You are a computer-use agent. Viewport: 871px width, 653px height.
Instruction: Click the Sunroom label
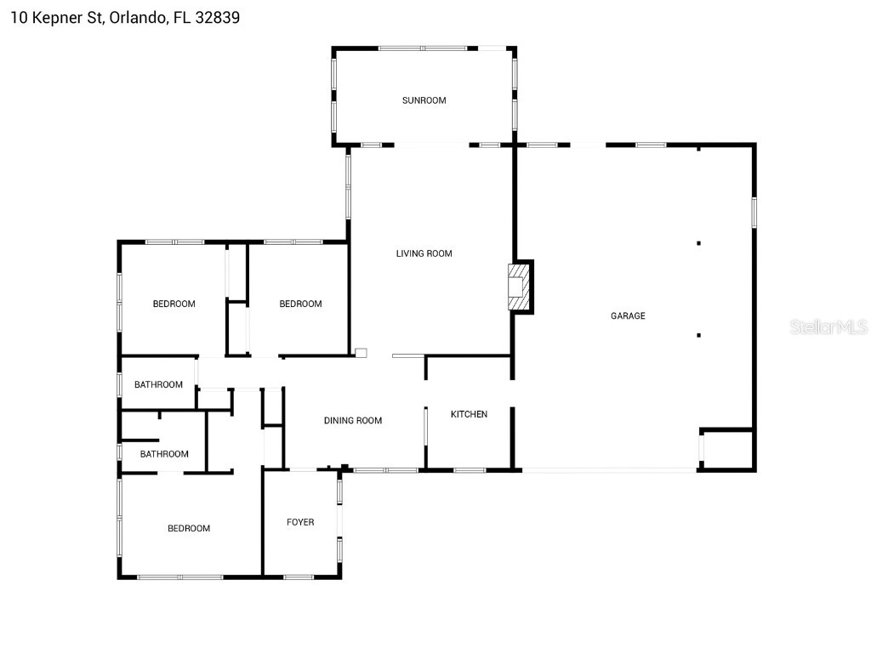pyautogui.click(x=424, y=100)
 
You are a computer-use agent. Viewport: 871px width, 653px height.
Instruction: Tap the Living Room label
pyautogui.click(x=424, y=253)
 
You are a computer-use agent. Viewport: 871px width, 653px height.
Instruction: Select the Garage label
pyautogui.click(x=628, y=316)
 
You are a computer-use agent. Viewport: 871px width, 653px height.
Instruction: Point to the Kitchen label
pyautogui.click(x=469, y=414)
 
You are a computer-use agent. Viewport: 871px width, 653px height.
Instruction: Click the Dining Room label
pyautogui.click(x=353, y=421)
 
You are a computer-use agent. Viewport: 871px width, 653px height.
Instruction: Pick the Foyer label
pyautogui.click(x=300, y=522)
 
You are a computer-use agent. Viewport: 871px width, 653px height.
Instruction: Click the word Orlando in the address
pyautogui.click(x=136, y=17)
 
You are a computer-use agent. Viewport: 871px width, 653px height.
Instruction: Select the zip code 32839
pyautogui.click(x=217, y=17)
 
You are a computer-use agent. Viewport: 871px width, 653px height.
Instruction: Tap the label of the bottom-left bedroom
pyautogui.click(x=188, y=529)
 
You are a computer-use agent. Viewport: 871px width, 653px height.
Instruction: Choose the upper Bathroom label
pyautogui.click(x=158, y=384)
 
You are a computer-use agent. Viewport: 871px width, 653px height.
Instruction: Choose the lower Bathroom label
pyautogui.click(x=164, y=454)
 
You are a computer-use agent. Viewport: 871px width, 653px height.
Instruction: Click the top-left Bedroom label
pyautogui.click(x=174, y=304)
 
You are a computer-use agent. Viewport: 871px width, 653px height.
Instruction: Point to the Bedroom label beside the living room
pyautogui.click(x=300, y=304)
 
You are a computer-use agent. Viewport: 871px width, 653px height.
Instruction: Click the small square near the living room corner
pyautogui.click(x=361, y=352)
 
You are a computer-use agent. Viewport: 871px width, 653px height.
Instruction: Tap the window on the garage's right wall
pyautogui.click(x=754, y=213)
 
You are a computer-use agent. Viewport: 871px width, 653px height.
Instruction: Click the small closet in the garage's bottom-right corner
pyautogui.click(x=727, y=450)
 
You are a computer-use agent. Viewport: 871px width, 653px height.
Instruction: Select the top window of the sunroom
pyautogui.click(x=423, y=48)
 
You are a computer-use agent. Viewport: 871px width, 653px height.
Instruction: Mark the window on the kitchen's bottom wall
pyautogui.click(x=469, y=470)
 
